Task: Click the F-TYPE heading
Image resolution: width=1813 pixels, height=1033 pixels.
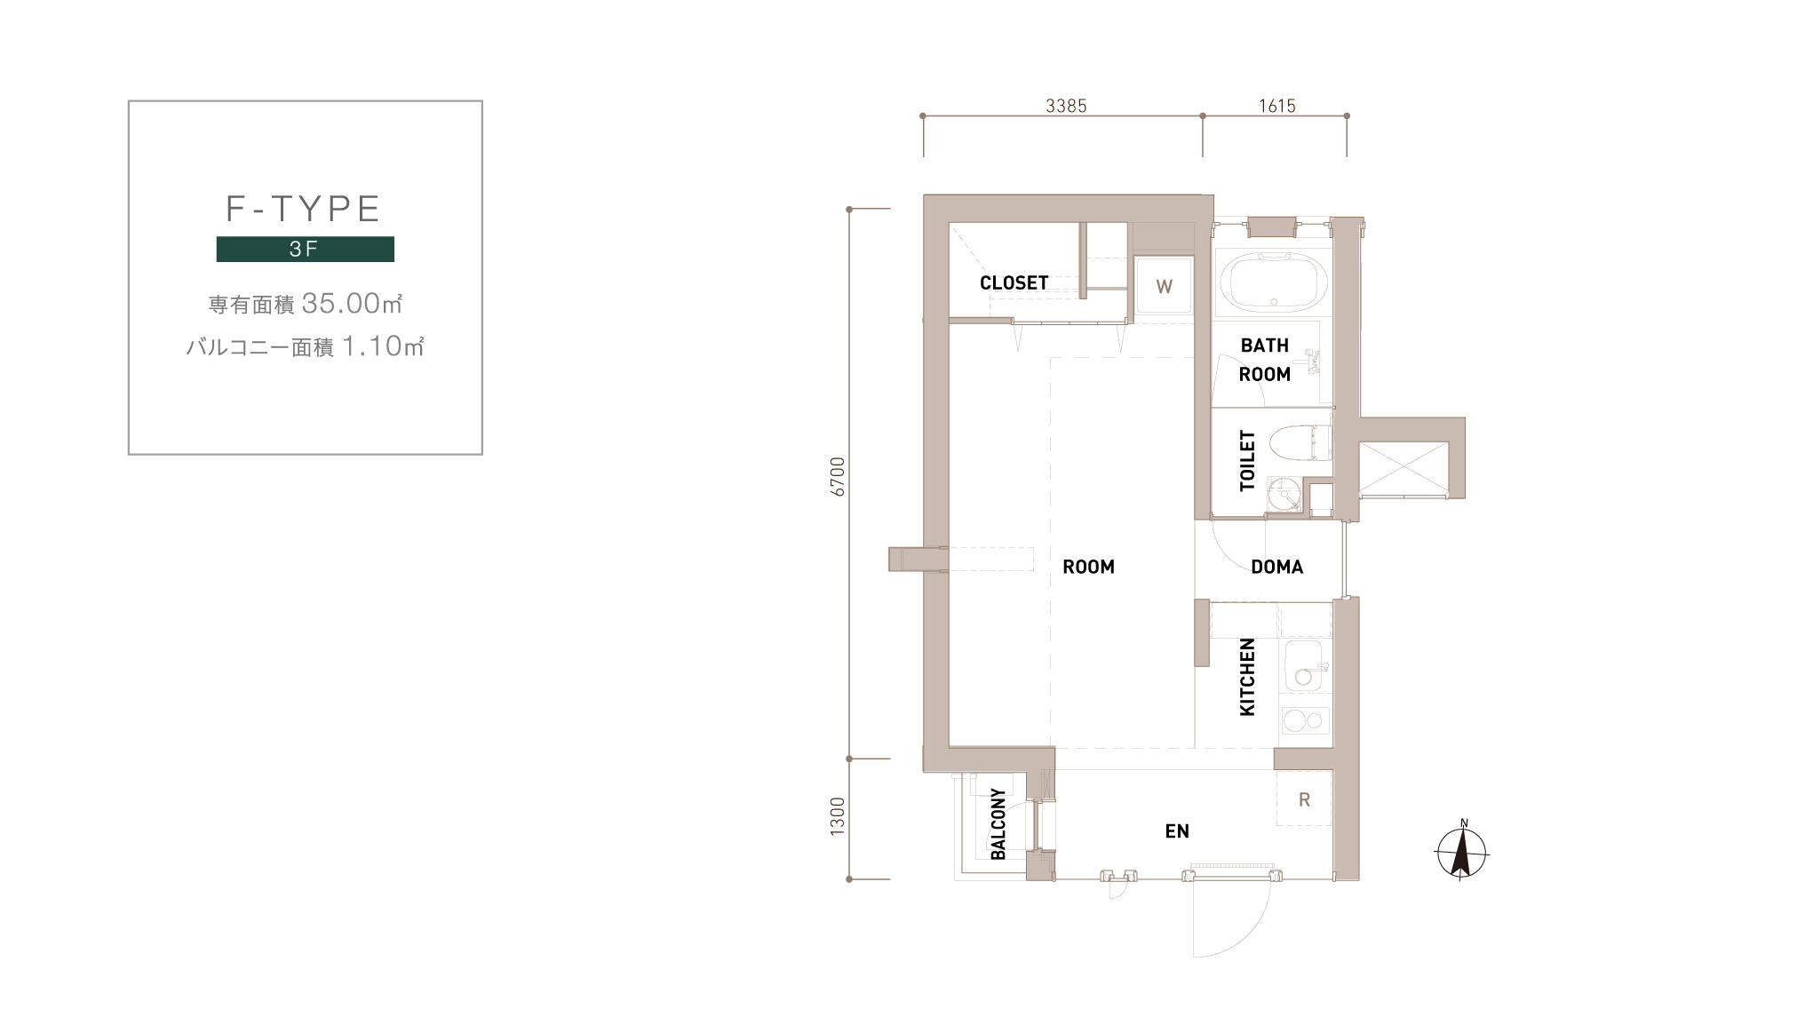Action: pyautogui.click(x=304, y=209)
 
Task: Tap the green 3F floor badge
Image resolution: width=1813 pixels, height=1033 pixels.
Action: pyautogui.click(x=305, y=249)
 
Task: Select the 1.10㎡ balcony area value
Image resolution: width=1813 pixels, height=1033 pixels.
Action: pyautogui.click(x=383, y=346)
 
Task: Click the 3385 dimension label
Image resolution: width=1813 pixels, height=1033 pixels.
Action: pyautogui.click(x=1066, y=106)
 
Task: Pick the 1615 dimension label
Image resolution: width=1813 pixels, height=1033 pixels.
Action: pyautogui.click(x=1277, y=106)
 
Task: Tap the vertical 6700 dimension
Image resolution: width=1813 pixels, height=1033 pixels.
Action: pyautogui.click(x=838, y=476)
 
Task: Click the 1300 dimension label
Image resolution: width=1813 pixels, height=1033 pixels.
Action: pyautogui.click(x=837, y=816)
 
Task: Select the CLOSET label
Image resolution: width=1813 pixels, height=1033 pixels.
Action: pyautogui.click(x=1014, y=283)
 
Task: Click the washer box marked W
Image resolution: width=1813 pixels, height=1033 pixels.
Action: pyautogui.click(x=1164, y=286)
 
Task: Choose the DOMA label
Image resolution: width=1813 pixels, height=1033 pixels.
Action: pyautogui.click(x=1276, y=567)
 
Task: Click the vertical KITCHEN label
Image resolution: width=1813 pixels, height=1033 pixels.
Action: pyautogui.click(x=1247, y=677)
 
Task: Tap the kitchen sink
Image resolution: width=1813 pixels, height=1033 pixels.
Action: pyautogui.click(x=1304, y=667)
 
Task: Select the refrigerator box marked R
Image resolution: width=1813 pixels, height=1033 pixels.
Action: pyautogui.click(x=1304, y=799)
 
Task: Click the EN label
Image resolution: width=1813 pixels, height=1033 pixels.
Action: pyautogui.click(x=1177, y=831)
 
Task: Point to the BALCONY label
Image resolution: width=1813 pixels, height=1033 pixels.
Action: pyautogui.click(x=998, y=823)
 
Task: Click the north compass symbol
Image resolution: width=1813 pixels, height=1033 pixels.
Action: pyautogui.click(x=1461, y=851)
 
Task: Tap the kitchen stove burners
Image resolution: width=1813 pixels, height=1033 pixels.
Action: pyautogui.click(x=1305, y=720)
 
